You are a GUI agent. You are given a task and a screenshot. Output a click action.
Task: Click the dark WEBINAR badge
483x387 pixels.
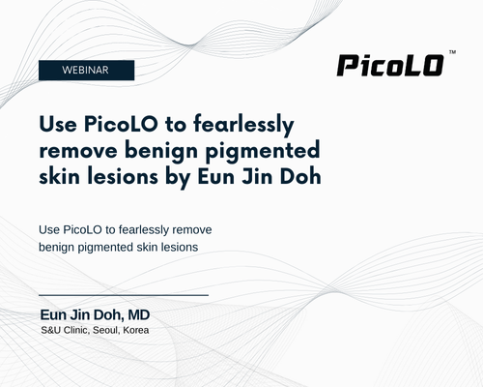point(86,70)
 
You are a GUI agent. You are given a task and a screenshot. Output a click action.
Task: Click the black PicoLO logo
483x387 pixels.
point(390,66)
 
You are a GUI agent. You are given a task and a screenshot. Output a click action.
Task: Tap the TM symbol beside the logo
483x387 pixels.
point(452,52)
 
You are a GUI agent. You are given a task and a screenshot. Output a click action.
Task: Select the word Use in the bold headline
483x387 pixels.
point(58,124)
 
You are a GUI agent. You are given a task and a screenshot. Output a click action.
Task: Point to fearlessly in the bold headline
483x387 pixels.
point(243,125)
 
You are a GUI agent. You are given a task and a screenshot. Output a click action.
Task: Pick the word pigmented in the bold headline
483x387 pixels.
point(263,152)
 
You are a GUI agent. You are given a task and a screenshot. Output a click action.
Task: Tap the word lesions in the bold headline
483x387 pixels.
point(123,177)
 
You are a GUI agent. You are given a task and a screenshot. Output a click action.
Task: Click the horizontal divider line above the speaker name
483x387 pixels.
point(124,295)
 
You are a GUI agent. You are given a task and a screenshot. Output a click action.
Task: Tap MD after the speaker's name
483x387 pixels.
point(139,315)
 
